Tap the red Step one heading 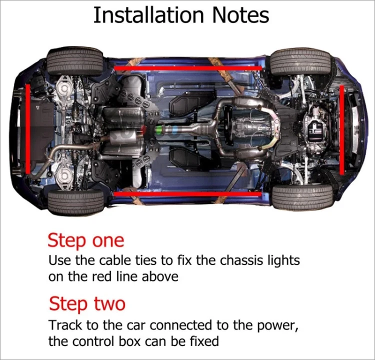[x=85, y=240]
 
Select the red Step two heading [x=87, y=303]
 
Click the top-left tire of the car [x=75, y=61]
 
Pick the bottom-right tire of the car [x=302, y=197]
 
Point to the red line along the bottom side [x=187, y=193]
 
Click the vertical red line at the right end [x=342, y=129]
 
